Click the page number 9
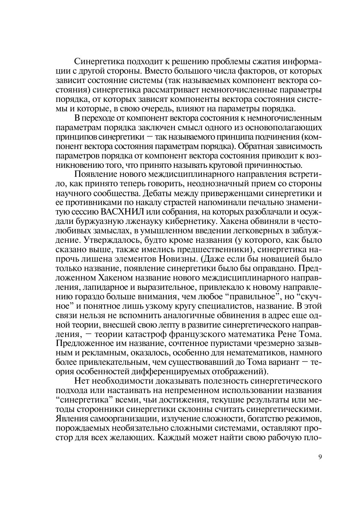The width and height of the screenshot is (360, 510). (x=321, y=456)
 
